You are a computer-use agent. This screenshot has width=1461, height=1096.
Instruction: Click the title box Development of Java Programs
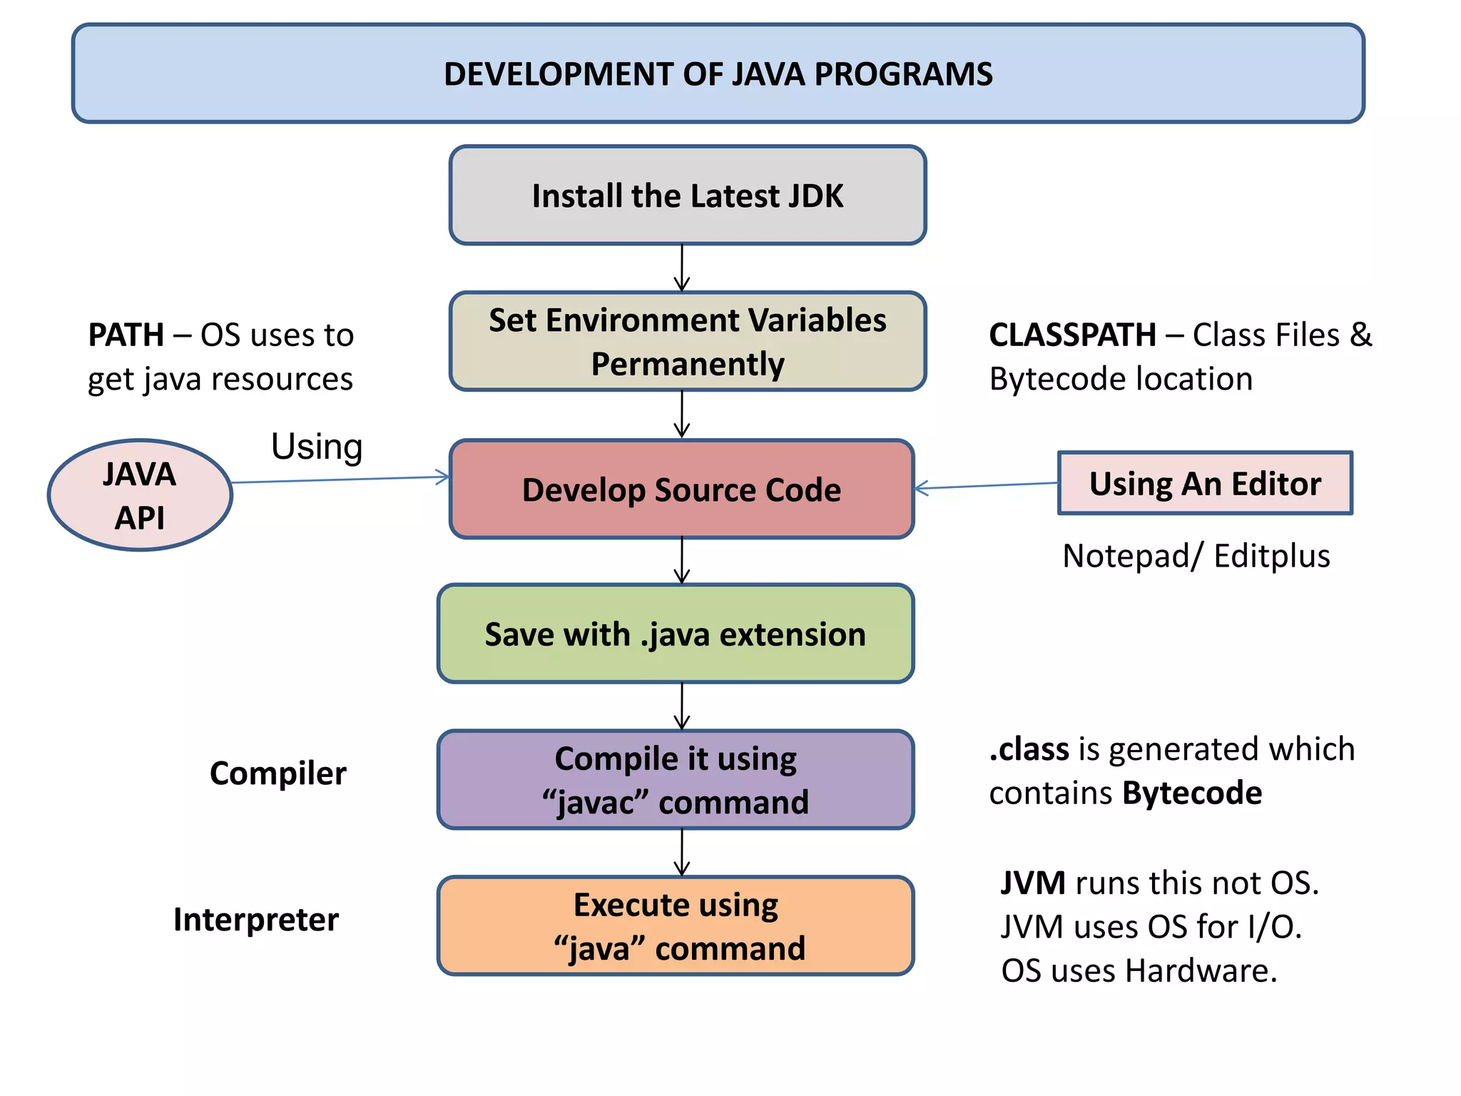pyautogui.click(x=718, y=73)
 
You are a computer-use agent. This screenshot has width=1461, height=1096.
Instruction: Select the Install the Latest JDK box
pyautogui.click(x=687, y=196)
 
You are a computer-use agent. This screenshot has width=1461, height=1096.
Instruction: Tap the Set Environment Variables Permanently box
pyautogui.click(x=687, y=341)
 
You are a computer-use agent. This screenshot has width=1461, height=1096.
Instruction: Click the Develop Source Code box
pyautogui.click(x=681, y=489)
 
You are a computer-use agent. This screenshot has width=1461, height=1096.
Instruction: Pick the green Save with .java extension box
pyautogui.click(x=675, y=634)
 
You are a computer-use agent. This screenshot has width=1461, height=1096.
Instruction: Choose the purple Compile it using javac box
pyautogui.click(x=675, y=779)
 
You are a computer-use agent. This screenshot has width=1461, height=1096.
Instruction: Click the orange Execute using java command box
pyautogui.click(x=675, y=925)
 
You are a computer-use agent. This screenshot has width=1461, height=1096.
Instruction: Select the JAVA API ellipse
pyautogui.click(x=140, y=495)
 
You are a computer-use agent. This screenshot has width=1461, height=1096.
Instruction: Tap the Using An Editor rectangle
pyautogui.click(x=1204, y=483)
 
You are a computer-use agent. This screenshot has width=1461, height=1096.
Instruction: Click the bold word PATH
pyautogui.click(x=126, y=335)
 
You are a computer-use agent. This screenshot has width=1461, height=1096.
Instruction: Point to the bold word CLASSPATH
pyautogui.click(x=1071, y=335)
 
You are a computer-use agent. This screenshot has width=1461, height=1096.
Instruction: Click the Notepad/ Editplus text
pyautogui.click(x=1196, y=556)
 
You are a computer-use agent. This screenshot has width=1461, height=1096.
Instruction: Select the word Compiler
pyautogui.click(x=278, y=773)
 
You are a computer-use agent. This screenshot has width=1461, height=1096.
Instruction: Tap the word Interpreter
pyautogui.click(x=255, y=920)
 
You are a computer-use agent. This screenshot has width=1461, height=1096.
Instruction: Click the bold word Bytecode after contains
pyautogui.click(x=1191, y=793)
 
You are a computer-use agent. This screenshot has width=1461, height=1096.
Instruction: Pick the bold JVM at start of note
pyautogui.click(x=1032, y=883)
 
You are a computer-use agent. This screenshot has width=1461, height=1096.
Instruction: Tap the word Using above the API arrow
pyautogui.click(x=317, y=447)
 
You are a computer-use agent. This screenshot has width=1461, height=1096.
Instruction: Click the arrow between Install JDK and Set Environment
pyautogui.click(x=682, y=268)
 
